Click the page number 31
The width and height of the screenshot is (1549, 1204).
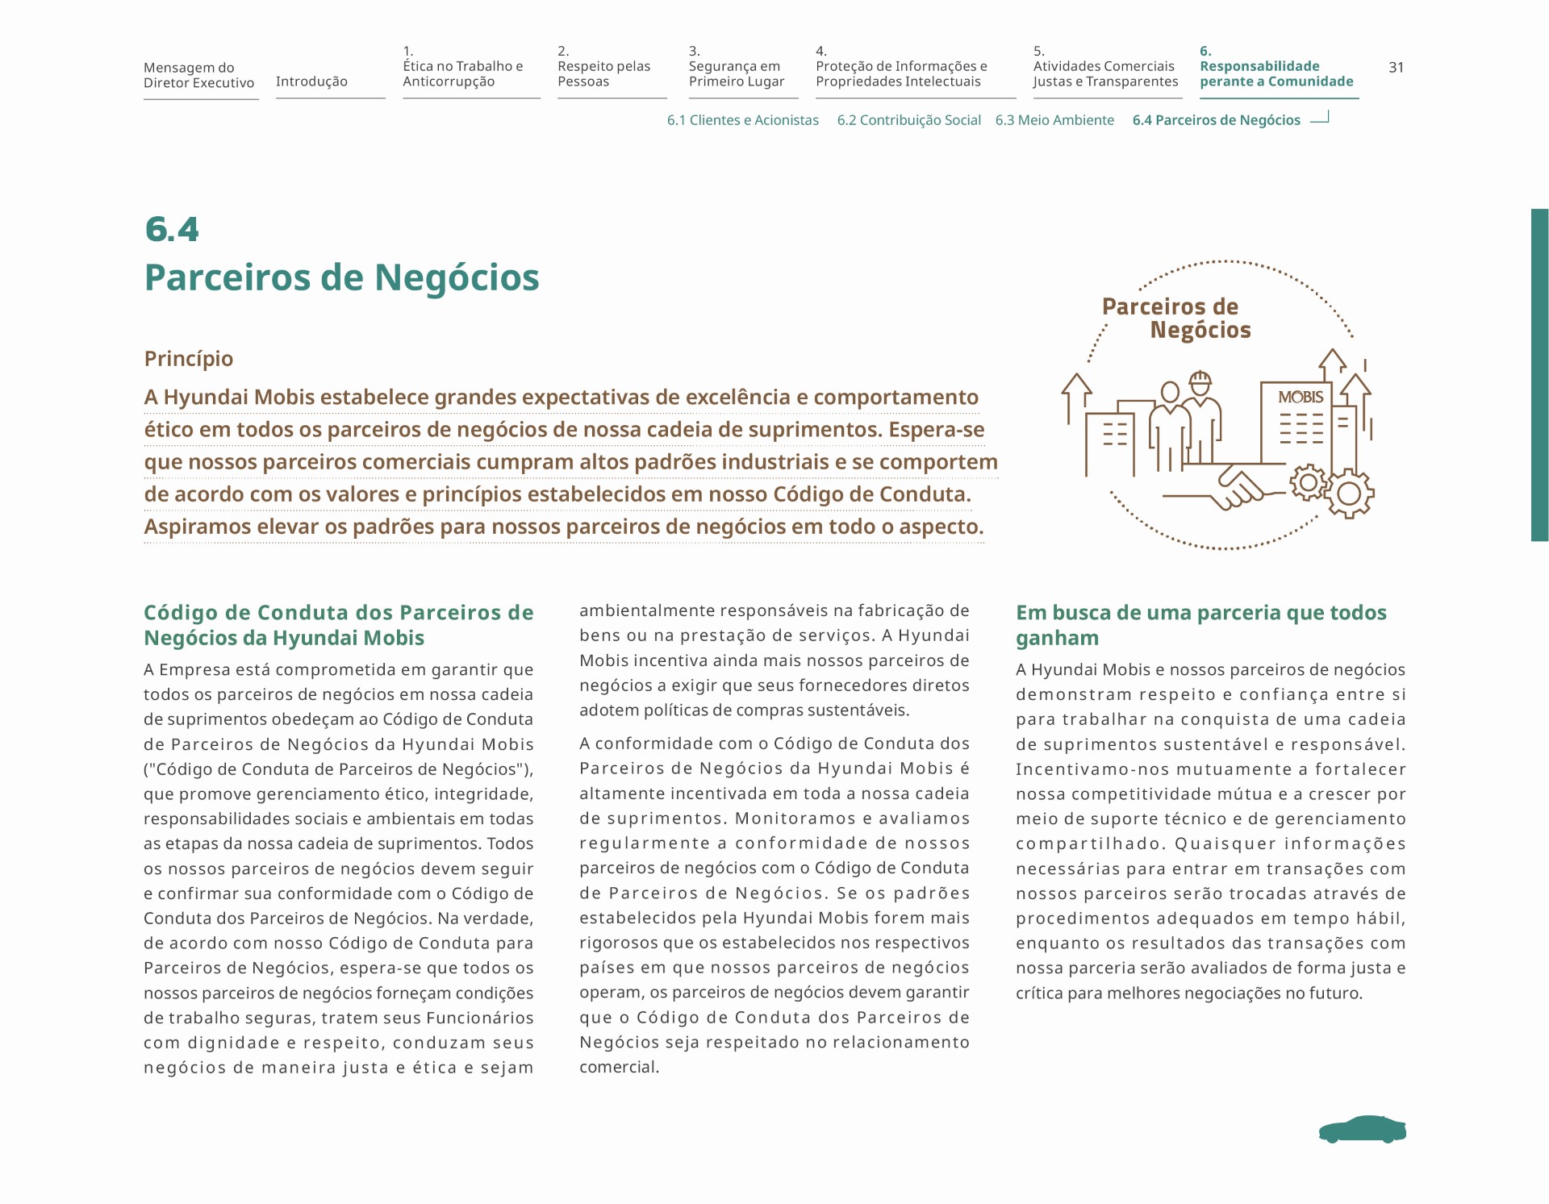[x=1396, y=68]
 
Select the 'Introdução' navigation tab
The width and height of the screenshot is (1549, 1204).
[x=311, y=81]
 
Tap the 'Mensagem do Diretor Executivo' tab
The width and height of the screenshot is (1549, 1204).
[x=198, y=75]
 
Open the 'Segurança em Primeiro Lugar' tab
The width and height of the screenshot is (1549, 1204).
[x=736, y=73]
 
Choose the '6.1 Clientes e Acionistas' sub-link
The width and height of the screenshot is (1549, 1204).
[x=742, y=120]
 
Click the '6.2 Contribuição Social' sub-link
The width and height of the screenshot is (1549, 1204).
[x=908, y=120]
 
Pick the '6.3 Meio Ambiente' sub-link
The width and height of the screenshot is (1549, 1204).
[x=1054, y=120]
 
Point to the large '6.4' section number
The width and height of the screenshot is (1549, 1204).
[x=172, y=229]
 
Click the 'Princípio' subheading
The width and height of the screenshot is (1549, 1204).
[x=188, y=359]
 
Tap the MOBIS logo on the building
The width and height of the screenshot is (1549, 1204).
[x=1301, y=397]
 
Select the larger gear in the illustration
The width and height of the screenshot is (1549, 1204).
[x=1349, y=493]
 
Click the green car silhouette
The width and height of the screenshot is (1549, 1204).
[x=1362, y=1130]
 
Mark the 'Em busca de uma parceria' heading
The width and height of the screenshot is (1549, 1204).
[x=1200, y=625]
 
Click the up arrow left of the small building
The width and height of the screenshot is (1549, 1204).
[x=1075, y=395]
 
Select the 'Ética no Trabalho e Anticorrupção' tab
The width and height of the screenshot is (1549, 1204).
[x=463, y=73]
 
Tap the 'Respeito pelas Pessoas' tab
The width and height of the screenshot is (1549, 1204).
[x=603, y=73]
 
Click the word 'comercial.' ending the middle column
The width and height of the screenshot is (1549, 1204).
[x=619, y=1067]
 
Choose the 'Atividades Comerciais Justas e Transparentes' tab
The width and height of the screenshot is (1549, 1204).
[x=1105, y=73]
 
